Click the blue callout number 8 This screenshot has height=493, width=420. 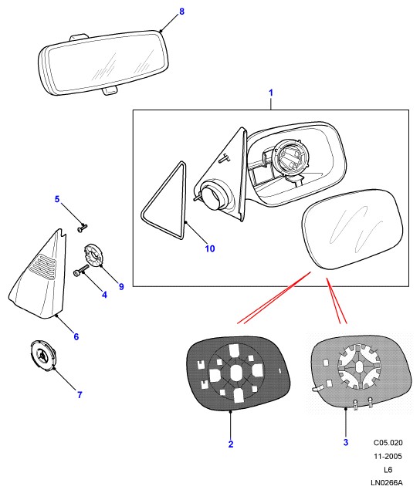pos(181,12)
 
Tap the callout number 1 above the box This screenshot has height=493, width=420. pos(271,93)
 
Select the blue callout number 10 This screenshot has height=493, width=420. pos(210,248)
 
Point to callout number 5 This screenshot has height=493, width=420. pos(57,199)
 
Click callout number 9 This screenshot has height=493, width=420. pos(121,286)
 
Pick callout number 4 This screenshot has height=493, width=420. pos(104,295)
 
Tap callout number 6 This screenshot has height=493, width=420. pos(76,336)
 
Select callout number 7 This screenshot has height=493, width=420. pos(80,394)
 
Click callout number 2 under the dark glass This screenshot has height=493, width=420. pos(231,444)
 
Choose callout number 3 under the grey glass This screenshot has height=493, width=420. pos(346,442)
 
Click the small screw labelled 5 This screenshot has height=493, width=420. pos(82,228)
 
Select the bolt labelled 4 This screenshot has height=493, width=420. pos(81,271)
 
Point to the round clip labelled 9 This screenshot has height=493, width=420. pos(94,255)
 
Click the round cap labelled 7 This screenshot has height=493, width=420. pos(43,356)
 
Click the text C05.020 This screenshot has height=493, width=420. pos(388,443)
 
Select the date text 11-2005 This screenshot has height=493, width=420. pos(388,456)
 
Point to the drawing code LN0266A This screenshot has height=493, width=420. pos(387,483)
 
